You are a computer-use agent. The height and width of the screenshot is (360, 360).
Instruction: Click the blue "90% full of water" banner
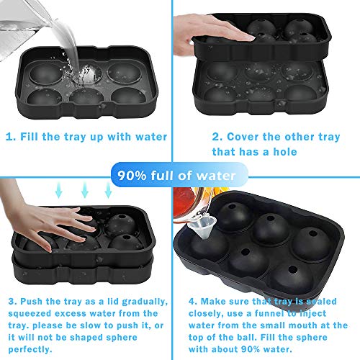[179, 174]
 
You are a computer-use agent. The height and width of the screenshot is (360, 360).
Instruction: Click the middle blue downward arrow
[84, 189]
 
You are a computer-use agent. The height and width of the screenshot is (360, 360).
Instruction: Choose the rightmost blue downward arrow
[108, 189]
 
